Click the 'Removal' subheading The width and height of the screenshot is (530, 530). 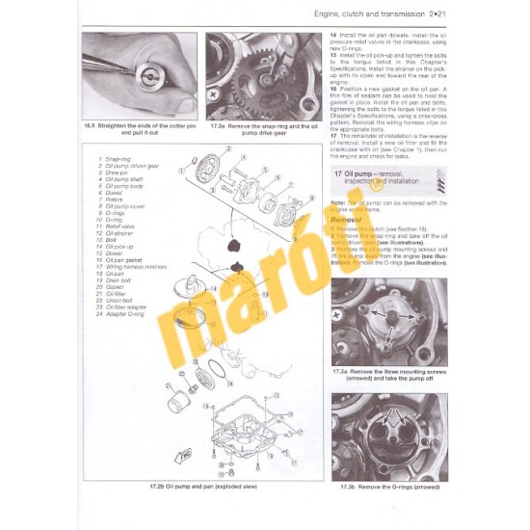347,219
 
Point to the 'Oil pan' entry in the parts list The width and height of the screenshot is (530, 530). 115,274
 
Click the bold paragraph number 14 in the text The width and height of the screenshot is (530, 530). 333,36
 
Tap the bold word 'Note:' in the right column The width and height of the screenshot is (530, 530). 337,201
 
